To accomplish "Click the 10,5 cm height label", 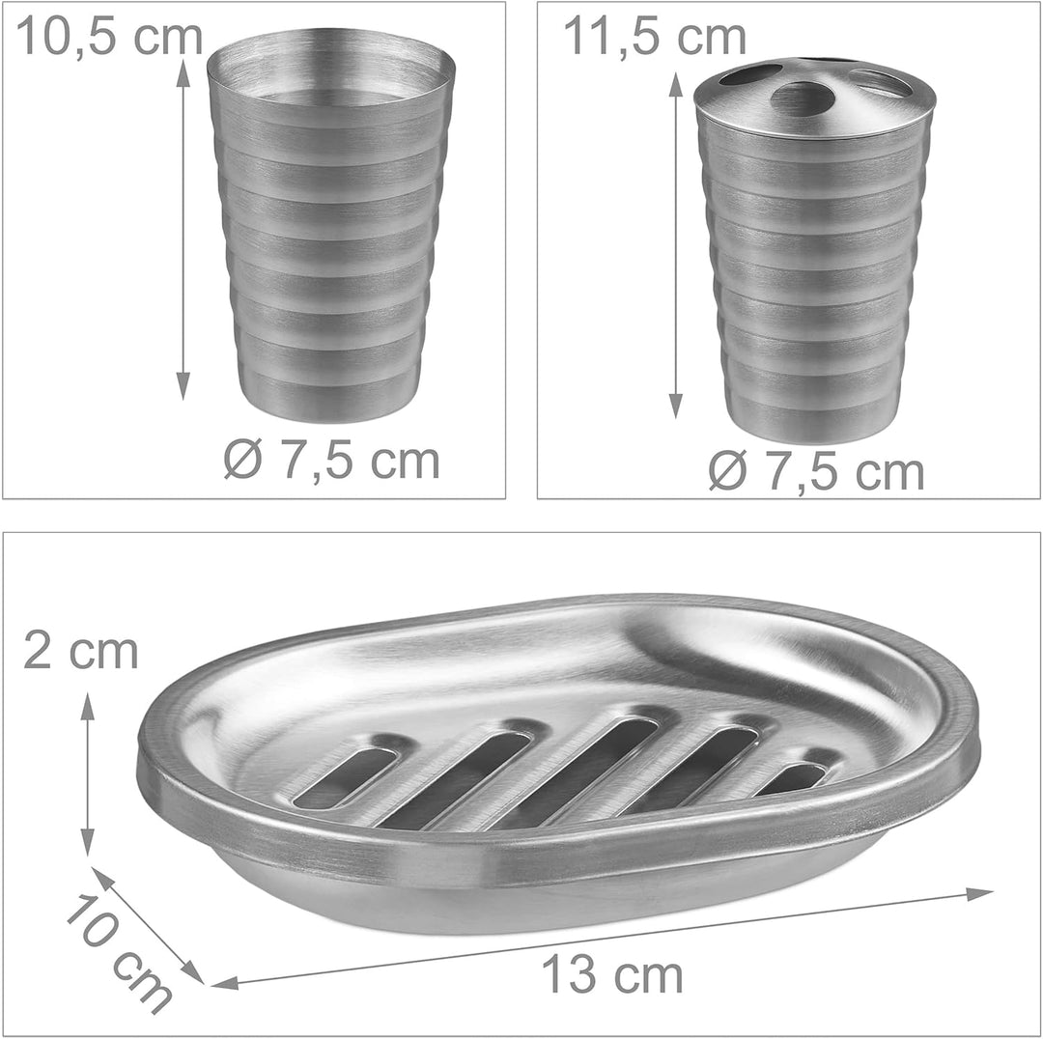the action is [x=109, y=38].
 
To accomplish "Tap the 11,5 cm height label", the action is [x=655, y=38].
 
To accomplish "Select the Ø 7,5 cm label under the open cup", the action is [x=332, y=460].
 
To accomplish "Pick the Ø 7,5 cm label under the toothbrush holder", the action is [x=816, y=471].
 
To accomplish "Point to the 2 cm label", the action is [x=80, y=651].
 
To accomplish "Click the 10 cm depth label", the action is [x=119, y=955].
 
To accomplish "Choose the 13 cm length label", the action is [x=612, y=975].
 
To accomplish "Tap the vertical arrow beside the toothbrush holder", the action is [x=675, y=245].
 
